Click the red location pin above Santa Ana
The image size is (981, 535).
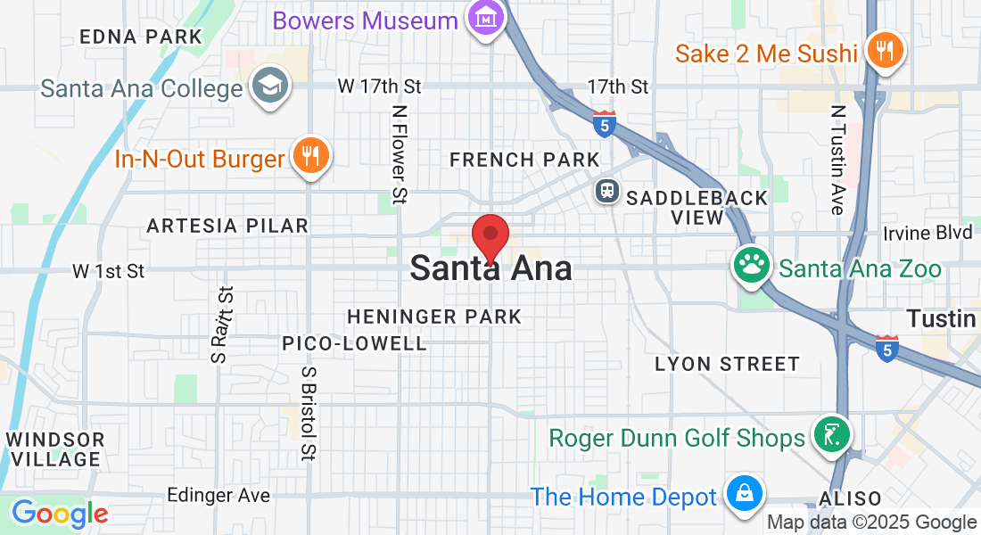(x=490, y=237)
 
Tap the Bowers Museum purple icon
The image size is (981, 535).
(x=486, y=18)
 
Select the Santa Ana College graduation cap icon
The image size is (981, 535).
(x=267, y=87)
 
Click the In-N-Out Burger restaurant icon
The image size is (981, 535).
(x=310, y=158)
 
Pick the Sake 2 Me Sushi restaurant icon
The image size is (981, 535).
(x=885, y=51)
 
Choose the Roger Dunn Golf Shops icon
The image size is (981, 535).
(x=831, y=436)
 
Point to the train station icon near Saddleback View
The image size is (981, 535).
(x=608, y=191)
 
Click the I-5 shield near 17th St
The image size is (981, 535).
(x=605, y=124)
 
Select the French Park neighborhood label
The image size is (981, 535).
(x=524, y=160)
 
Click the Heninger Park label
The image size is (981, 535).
(x=434, y=317)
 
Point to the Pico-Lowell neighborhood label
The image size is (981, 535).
(x=355, y=343)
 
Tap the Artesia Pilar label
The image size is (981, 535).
(x=227, y=226)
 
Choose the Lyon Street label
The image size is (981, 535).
(x=727, y=364)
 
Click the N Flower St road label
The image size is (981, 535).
(x=400, y=153)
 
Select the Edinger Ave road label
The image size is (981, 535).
(x=218, y=495)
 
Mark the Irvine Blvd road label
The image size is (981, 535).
(x=927, y=233)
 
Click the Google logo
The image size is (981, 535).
(x=60, y=514)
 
